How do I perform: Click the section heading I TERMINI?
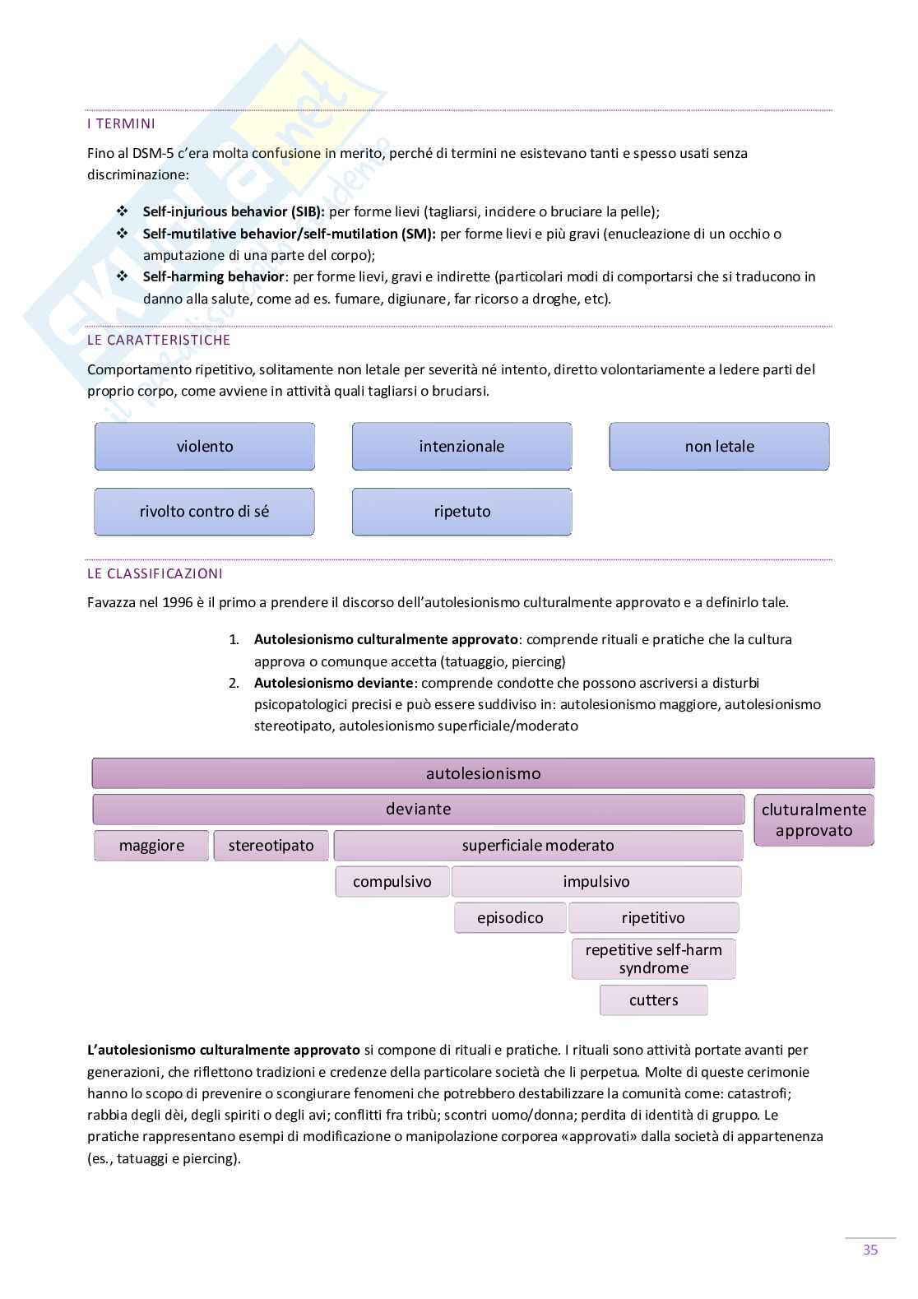121,124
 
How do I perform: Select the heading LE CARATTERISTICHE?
159,340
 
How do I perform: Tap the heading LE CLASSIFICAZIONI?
155,573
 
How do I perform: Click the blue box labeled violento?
205,447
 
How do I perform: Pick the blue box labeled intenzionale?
461,447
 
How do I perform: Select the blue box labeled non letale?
719,447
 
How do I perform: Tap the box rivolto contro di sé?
204,512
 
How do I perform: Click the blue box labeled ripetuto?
461,512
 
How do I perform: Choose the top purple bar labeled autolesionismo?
483,773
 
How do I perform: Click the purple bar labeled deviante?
418,810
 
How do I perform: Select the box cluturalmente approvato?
814,820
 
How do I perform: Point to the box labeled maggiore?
151,846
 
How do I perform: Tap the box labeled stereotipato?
271,846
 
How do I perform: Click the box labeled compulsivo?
392,882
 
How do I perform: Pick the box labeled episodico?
510,918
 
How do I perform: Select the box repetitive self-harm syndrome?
653,959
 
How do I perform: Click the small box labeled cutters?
653,1000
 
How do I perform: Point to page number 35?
870,1250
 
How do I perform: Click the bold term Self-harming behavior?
214,277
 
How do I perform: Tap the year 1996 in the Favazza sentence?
177,603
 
